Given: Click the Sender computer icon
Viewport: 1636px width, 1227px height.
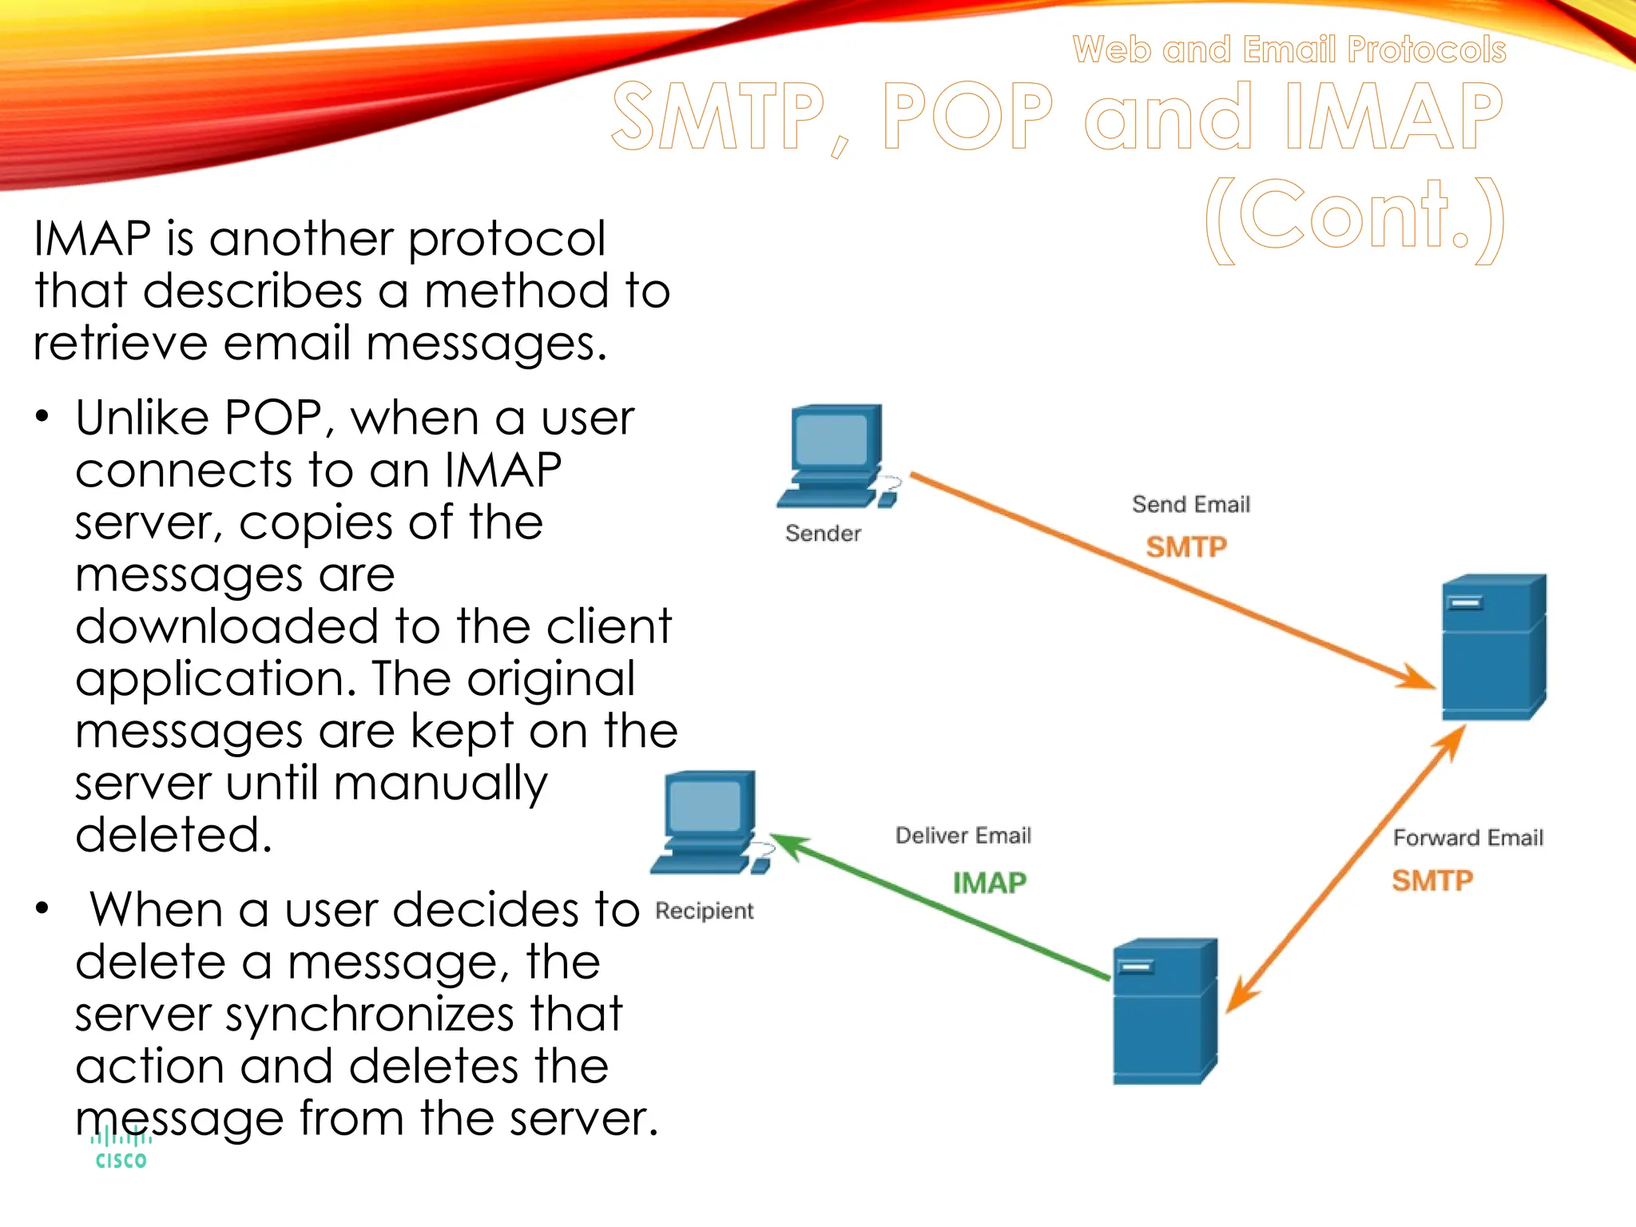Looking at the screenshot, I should tap(836, 455).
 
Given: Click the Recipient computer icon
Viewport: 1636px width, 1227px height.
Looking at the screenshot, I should tap(706, 822).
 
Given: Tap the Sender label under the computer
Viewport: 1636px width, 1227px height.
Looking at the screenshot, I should tap(823, 534).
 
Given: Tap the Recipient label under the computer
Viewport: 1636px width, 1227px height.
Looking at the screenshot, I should tap(704, 911).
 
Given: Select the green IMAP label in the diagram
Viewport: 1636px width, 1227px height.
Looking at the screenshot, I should tap(989, 883).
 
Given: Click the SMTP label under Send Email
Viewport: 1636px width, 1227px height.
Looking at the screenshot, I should tap(1186, 547).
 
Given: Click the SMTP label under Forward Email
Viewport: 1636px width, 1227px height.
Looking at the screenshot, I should tap(1432, 880).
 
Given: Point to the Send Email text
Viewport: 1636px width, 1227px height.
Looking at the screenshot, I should tap(1190, 505).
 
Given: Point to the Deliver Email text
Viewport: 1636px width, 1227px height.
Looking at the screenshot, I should tap(963, 836).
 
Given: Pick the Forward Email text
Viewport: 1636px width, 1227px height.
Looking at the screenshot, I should tap(1467, 838).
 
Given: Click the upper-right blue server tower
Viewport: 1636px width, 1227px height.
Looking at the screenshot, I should tap(1493, 647).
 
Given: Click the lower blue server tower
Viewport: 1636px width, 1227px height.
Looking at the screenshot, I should tap(1164, 1011).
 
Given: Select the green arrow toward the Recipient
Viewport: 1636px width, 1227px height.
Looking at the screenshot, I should tap(943, 907).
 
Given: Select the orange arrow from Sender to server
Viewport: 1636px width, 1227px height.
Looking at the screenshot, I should tap(1166, 579).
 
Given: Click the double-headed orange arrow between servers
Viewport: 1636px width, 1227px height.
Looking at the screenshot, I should tap(1346, 869).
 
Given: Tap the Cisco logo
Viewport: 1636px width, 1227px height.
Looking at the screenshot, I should tap(121, 1150).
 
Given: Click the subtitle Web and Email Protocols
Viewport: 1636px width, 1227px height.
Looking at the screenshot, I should tap(1289, 50).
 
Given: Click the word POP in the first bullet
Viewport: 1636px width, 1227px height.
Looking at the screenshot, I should tap(272, 418).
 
